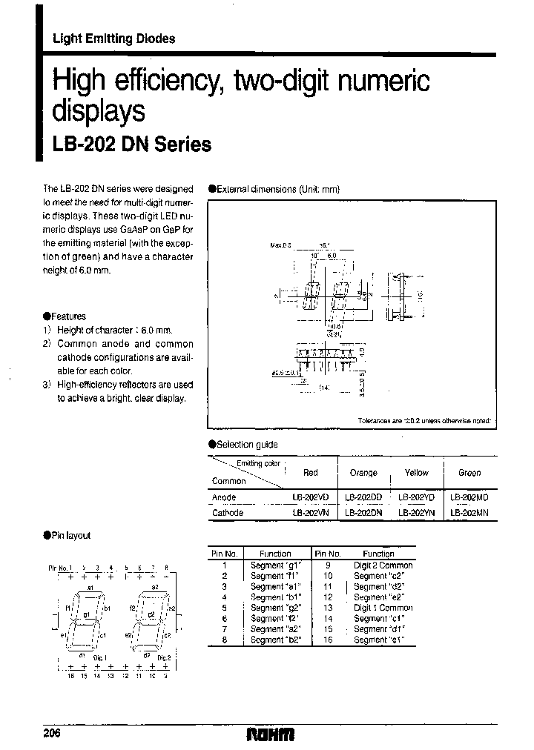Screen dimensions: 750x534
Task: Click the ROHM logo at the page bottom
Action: [270, 734]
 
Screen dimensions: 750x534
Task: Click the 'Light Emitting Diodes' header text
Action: [113, 39]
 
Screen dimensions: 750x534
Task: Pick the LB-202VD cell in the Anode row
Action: [310, 497]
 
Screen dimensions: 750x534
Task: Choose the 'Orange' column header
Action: [363, 472]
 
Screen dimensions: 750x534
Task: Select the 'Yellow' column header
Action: [416, 472]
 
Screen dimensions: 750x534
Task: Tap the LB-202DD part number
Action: [363, 497]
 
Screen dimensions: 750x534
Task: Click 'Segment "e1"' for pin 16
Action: [379, 640]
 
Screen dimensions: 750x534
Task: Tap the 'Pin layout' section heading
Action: [71, 535]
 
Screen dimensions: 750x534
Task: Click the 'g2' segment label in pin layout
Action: [149, 614]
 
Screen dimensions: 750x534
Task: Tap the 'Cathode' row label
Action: [227, 512]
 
